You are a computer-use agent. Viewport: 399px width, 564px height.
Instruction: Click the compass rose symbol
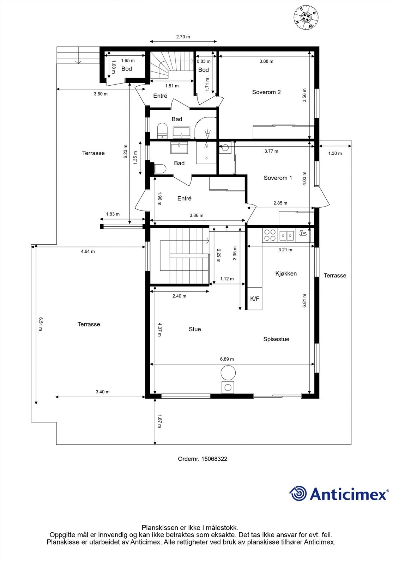[x=306, y=18]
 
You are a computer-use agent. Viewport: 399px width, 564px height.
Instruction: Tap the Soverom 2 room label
[x=266, y=92]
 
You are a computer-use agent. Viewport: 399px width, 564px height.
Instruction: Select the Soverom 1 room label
[x=278, y=178]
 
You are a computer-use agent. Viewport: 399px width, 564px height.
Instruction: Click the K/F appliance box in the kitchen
[x=255, y=299]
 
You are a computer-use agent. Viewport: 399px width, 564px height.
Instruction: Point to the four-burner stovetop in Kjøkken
[x=270, y=235]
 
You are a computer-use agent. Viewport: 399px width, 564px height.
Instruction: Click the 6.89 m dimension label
[x=227, y=359]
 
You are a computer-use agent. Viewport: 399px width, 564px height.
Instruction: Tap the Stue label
[x=195, y=329]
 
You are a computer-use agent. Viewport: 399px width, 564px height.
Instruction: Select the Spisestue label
[x=276, y=339]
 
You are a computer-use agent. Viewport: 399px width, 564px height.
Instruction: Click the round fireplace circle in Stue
[x=228, y=373]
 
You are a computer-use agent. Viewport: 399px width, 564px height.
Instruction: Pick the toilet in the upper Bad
[x=162, y=130]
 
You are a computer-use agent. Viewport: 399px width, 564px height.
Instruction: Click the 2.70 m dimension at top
[x=183, y=37]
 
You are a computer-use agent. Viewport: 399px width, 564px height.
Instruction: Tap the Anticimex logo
[x=339, y=493]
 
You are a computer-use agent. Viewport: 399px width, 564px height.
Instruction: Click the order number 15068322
[x=202, y=459]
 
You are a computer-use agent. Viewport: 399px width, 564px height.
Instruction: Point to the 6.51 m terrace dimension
[x=41, y=324]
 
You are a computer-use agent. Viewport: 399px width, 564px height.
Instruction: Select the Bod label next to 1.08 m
[x=127, y=69]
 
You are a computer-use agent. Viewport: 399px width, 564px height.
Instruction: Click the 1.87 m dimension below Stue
[x=159, y=421]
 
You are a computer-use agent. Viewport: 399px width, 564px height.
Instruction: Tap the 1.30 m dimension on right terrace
[x=335, y=153]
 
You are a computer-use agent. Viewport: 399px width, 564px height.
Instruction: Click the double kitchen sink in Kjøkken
[x=286, y=235]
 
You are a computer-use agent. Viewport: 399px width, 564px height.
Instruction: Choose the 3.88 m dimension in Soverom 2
[x=266, y=61]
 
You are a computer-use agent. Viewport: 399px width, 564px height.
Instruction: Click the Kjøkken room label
[x=286, y=274]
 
